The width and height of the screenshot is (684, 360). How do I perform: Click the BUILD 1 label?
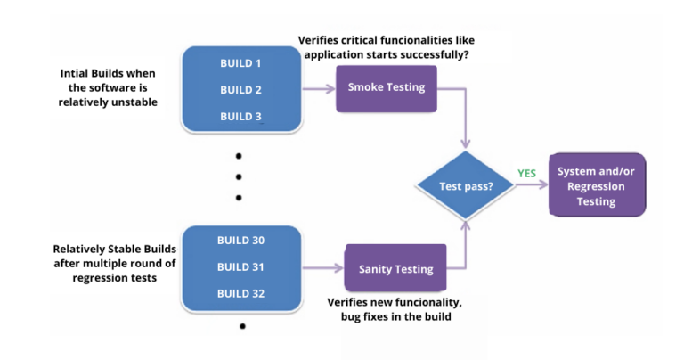coord(241,63)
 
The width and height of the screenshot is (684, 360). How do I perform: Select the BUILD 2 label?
coord(241,90)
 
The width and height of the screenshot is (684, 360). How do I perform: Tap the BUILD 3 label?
coord(241,117)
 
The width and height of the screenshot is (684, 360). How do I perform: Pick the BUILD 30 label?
coord(241,240)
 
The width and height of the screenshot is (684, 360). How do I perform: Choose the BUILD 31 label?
coord(241,266)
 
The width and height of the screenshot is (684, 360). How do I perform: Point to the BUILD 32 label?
coord(241,293)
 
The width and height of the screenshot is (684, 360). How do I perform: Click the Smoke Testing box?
coord(386,88)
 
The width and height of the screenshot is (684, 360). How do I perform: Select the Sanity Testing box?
coord(395,268)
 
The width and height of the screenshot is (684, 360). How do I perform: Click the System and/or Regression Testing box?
coord(596,186)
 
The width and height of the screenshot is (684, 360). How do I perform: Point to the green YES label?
coord(526,173)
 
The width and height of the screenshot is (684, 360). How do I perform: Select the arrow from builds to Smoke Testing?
coord(319,88)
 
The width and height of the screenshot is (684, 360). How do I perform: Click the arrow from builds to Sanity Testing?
coord(324,267)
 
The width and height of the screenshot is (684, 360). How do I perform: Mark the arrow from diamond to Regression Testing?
coord(527,187)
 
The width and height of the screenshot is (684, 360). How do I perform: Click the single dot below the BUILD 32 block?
coord(241,328)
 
